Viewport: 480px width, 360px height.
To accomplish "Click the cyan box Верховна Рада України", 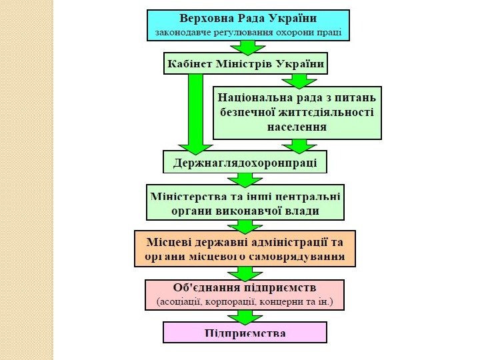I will coord(248,25).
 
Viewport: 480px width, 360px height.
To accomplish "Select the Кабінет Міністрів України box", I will coord(245,64).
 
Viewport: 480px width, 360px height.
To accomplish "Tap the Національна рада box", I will coord(297,113).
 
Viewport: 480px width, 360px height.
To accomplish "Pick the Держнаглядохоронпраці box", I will coord(245,162).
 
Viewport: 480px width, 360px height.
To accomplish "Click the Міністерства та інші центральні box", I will coord(245,203).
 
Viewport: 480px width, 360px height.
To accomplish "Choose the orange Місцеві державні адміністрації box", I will coord(245,248).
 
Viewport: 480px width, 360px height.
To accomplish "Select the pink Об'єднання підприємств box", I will coord(245,295).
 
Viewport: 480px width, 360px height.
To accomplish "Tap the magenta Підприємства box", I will coord(245,333).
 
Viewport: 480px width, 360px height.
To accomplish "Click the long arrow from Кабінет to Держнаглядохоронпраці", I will coord(195,113).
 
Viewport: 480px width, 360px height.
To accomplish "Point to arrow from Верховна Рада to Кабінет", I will coord(248,47).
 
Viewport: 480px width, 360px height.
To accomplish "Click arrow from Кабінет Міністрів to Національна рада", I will coord(299,81).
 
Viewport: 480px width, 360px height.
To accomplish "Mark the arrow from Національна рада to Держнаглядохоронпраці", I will coord(299,145).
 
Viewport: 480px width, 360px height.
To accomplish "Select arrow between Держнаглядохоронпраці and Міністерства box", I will coord(245,179).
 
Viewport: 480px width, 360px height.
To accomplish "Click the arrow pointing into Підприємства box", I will coord(245,317).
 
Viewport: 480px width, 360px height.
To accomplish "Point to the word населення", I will coord(297,127).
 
